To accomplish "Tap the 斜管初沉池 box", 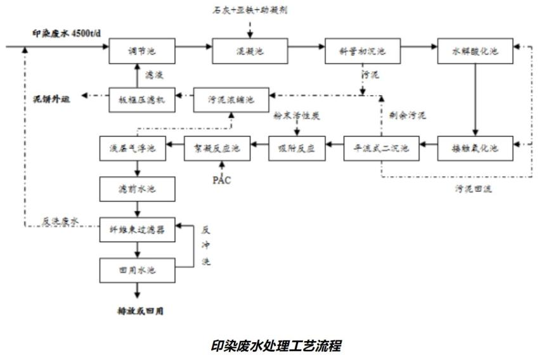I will pos(363,51).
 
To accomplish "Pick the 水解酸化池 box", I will pos(476,51).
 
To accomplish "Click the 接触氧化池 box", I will pos(476,149).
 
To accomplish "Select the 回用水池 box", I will pos(138,271).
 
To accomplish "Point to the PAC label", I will pos(222,181).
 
